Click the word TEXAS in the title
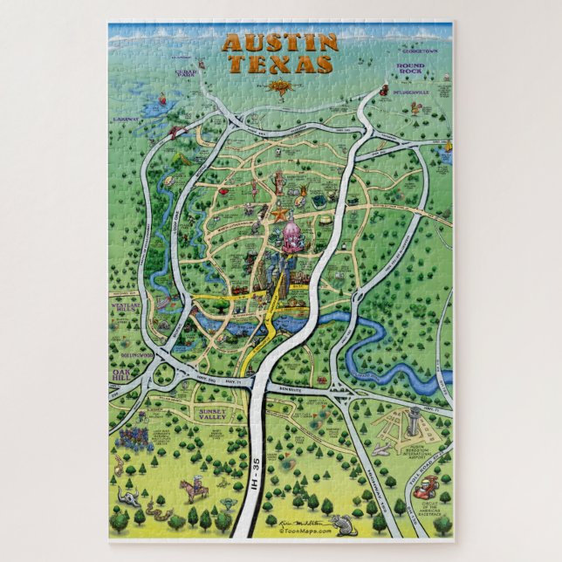point(281,64)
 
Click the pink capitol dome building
point(291,232)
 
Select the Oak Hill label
point(121,374)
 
